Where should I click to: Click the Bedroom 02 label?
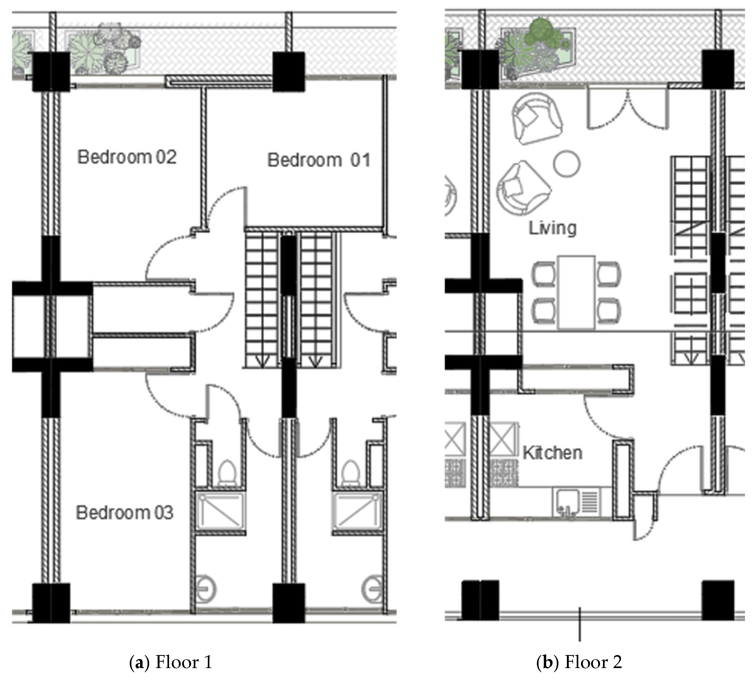127,157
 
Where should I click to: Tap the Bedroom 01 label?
319,160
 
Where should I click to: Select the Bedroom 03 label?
125,513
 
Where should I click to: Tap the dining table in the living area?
576,293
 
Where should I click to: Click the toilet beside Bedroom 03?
227,473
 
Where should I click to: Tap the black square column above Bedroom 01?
288,72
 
